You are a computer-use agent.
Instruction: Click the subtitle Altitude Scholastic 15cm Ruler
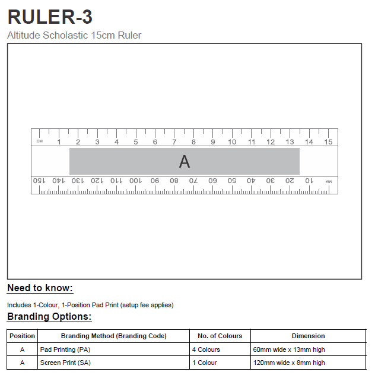pos(74,36)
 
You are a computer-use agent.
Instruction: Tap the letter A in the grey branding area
pos(185,161)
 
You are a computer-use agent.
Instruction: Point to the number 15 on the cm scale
pos(328,141)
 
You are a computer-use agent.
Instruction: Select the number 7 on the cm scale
pos(174,141)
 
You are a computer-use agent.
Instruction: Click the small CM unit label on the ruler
pos(40,141)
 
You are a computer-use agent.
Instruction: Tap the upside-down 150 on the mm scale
pos(39,180)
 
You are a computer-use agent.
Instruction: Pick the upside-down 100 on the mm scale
pos(135,180)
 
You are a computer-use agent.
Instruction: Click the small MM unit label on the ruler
pos(329,181)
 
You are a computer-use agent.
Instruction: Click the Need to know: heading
pos(40,288)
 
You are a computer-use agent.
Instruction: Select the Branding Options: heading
pos(49,317)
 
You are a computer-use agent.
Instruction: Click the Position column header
pos(23,336)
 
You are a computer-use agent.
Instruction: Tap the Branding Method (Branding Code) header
pos(113,336)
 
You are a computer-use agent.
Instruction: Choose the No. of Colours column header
pos(220,336)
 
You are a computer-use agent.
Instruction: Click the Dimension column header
pos(308,336)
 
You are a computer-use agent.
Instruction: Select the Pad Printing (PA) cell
pos(65,349)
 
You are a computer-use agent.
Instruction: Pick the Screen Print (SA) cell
pos(66,363)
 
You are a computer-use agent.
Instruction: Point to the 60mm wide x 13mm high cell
pos(289,349)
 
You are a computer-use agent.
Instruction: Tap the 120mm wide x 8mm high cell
pos(289,363)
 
